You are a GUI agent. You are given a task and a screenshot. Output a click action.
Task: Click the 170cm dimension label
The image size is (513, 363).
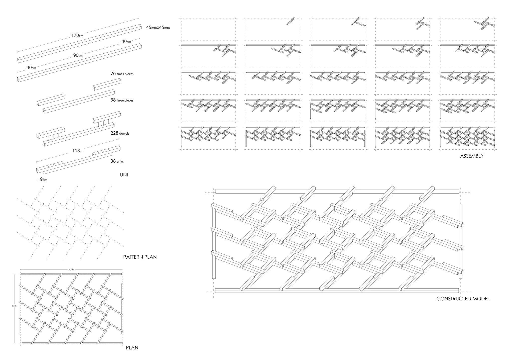click(x=77, y=35)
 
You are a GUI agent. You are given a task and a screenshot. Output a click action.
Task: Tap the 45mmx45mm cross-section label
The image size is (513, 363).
click(x=158, y=27)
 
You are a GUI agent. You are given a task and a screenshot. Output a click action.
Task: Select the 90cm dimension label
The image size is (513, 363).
click(x=78, y=55)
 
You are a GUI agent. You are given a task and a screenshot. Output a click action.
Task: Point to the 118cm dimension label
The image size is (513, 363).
click(x=78, y=151)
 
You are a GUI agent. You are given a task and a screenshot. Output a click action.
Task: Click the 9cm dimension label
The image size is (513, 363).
click(x=43, y=179)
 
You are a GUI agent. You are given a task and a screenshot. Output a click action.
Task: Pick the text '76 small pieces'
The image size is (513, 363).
click(x=122, y=74)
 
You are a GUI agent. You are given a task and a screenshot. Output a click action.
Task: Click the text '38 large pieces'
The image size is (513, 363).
click(x=122, y=100)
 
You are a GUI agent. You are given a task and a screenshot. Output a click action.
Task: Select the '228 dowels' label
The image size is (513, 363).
click(x=120, y=133)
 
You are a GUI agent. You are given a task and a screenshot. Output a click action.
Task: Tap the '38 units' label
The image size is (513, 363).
click(x=117, y=161)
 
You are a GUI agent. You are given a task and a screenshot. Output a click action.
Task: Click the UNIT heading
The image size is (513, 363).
click(x=125, y=175)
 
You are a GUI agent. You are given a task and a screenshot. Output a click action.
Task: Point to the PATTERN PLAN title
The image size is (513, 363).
click(x=140, y=257)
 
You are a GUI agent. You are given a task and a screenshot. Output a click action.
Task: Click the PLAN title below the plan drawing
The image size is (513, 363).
click(x=132, y=348)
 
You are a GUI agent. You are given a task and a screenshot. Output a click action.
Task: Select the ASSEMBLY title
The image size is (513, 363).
click(x=472, y=156)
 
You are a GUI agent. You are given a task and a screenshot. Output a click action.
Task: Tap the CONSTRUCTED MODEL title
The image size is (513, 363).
click(x=463, y=299)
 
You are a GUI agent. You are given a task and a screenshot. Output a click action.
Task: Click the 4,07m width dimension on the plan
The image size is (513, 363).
click(x=71, y=269)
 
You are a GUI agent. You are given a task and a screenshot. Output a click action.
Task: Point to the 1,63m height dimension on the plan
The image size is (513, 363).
click(x=14, y=306)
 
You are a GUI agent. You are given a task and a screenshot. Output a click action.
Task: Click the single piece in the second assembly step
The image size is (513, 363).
click(x=290, y=21)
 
